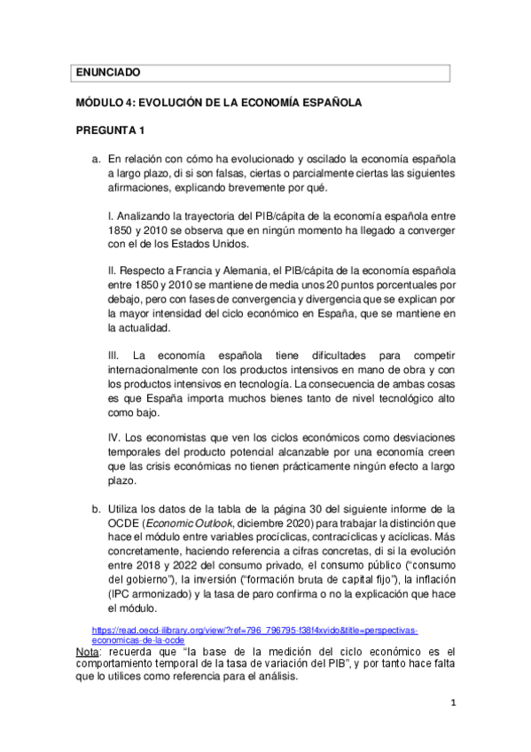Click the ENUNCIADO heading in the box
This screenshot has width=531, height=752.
point(108,73)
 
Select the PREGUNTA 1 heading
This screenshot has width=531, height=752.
point(110,132)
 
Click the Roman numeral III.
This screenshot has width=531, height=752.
point(113,356)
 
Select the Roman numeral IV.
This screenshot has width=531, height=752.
point(113,439)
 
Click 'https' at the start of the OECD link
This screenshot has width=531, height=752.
point(103,630)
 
